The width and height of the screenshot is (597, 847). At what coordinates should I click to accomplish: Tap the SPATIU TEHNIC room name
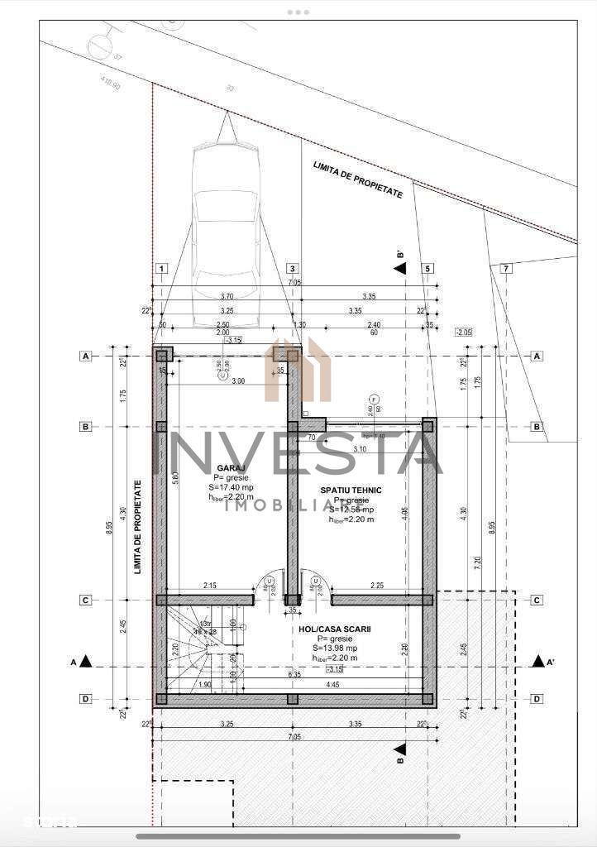351,490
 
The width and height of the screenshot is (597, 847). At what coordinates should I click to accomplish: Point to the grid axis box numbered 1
162,268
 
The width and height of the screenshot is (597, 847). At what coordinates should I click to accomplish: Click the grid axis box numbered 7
506,268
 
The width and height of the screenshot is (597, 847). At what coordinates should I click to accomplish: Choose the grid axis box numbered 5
427,268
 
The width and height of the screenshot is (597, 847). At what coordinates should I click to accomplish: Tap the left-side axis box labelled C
84,600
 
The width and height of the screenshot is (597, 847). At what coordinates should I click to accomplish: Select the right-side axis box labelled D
537,699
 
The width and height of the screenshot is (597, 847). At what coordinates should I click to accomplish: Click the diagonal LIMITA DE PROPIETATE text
358,179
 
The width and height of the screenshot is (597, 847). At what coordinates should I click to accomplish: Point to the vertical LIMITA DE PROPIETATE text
137,527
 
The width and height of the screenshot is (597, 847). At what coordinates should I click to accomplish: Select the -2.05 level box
465,333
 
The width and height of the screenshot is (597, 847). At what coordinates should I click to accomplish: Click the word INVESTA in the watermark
298,454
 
